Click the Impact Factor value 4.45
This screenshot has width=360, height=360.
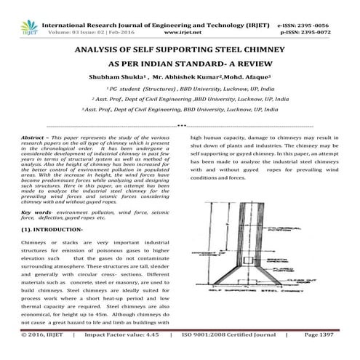158,354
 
